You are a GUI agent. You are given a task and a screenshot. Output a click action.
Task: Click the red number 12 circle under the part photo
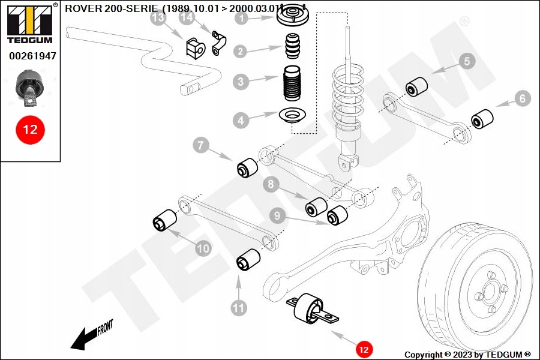(31, 130)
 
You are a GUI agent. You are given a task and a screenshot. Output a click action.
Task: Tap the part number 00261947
(32, 56)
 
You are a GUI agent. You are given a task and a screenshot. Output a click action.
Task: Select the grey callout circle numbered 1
(242, 17)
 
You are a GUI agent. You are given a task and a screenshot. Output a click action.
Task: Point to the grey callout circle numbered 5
(467, 61)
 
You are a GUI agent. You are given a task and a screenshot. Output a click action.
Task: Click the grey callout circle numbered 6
(523, 98)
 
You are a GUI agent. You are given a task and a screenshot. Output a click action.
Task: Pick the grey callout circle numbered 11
(239, 308)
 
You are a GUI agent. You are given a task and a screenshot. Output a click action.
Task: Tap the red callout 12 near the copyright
(364, 350)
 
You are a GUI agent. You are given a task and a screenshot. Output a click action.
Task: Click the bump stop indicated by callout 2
(293, 46)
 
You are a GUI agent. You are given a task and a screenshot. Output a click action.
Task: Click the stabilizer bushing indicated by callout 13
(195, 48)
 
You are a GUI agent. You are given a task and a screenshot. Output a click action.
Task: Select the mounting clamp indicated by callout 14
(218, 43)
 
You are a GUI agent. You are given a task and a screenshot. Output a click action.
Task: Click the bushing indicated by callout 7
(247, 168)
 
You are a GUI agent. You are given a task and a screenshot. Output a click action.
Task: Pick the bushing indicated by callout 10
(164, 220)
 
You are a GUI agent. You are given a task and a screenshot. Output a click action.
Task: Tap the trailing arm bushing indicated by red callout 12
(311, 308)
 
